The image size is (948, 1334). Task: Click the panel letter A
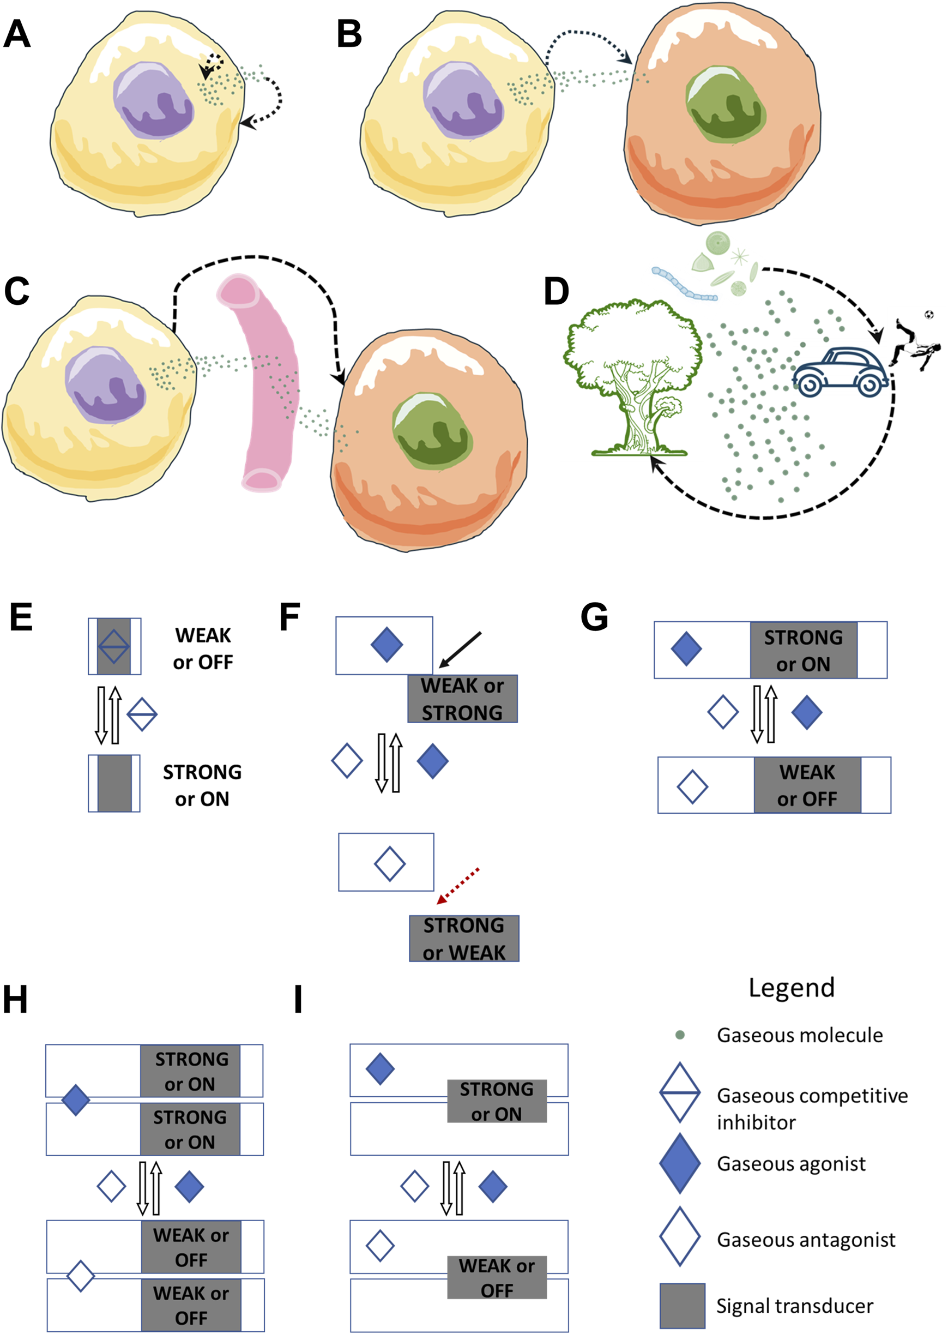click(x=17, y=34)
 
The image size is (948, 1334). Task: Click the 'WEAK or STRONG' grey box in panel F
click(x=462, y=699)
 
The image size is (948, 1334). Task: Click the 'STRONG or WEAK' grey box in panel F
click(x=463, y=939)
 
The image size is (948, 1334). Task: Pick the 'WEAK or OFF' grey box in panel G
click(x=807, y=785)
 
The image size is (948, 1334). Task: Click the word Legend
click(x=792, y=988)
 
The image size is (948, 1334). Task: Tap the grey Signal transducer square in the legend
click(x=682, y=1306)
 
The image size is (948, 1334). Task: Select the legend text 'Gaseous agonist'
click(x=790, y=1163)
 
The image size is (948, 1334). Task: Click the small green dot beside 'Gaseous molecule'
click(x=679, y=1035)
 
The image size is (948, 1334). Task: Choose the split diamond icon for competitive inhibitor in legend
click(x=679, y=1092)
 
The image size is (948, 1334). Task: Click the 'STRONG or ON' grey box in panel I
click(x=497, y=1101)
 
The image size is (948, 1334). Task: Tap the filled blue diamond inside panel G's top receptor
click(x=686, y=649)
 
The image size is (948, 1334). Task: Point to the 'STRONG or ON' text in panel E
click(x=202, y=785)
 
